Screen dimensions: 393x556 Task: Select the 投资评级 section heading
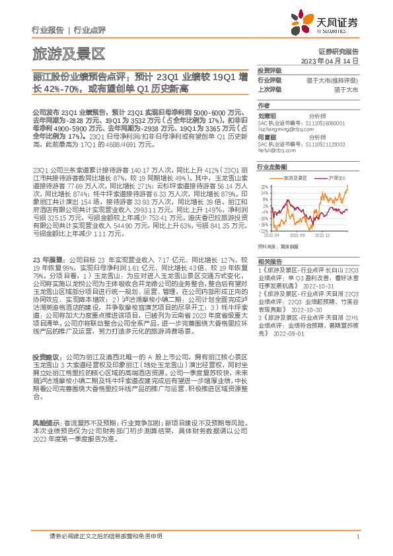[x=269, y=70]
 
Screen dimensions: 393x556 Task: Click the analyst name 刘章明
[x=268, y=114]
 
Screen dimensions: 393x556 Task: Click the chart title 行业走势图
[x=272, y=168]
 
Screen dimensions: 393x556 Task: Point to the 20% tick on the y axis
[x=264, y=186]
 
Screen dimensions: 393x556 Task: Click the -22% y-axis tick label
[x=264, y=231]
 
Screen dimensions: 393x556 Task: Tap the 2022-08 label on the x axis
[x=297, y=234]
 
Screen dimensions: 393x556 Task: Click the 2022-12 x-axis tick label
[x=322, y=234]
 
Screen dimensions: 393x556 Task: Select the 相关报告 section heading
[x=269, y=262]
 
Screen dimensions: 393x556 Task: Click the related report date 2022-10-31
[x=316, y=286]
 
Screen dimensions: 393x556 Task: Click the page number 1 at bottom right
[x=357, y=537]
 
